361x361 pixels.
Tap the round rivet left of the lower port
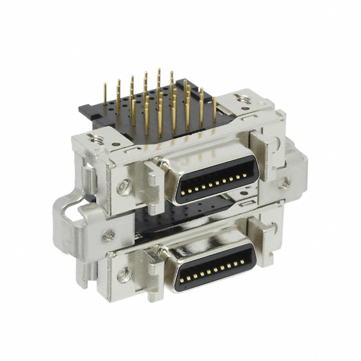tap(120, 275)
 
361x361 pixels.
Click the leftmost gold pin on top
tap(105, 96)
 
